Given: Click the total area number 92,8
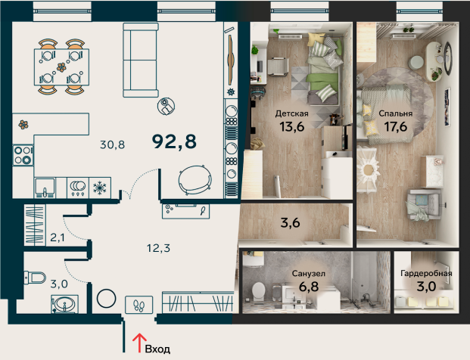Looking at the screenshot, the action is click(x=174, y=141).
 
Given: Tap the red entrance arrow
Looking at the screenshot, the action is click(x=139, y=343).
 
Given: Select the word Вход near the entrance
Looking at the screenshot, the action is click(x=157, y=349).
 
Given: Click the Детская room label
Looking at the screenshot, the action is click(x=291, y=113).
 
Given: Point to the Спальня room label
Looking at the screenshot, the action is click(x=395, y=113).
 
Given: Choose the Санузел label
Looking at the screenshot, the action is click(x=309, y=274).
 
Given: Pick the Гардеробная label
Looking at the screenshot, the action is click(x=426, y=273).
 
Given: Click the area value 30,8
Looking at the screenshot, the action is click(x=112, y=145).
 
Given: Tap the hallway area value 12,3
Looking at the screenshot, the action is click(x=159, y=248).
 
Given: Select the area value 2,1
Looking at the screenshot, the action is click(x=58, y=237).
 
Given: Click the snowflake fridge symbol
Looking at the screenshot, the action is click(x=99, y=188).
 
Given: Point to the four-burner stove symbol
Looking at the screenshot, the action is click(x=23, y=156).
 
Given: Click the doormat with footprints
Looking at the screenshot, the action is click(x=139, y=305).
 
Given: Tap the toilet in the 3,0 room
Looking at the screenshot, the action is click(x=35, y=278).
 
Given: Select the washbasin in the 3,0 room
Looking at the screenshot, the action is click(x=64, y=304).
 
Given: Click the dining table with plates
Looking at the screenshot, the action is click(x=61, y=67).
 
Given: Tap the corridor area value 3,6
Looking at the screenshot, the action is click(x=290, y=223).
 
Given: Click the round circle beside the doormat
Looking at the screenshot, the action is click(x=107, y=299).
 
